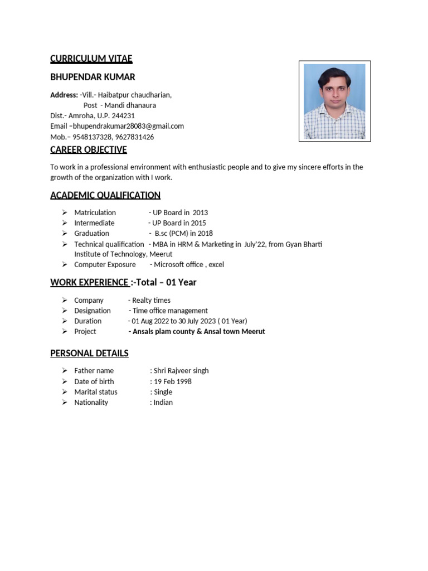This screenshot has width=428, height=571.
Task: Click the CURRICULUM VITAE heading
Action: pyautogui.click(x=91, y=59)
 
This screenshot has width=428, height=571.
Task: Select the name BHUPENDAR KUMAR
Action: pyautogui.click(x=93, y=77)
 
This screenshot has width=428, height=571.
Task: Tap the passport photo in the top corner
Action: pyautogui.click(x=334, y=101)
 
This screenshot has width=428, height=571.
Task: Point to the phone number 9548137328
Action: pyautogui.click(x=92, y=137)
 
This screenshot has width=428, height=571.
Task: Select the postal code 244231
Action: pyautogui.click(x=124, y=115)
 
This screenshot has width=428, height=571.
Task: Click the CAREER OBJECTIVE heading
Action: pyautogui.click(x=89, y=149)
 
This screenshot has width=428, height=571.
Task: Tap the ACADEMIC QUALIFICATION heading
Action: pyautogui.click(x=105, y=195)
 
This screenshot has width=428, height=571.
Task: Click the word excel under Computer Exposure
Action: pyautogui.click(x=216, y=264)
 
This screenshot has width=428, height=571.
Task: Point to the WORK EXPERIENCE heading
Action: pyautogui.click(x=89, y=282)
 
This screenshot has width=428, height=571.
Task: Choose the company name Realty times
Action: pyautogui.click(x=151, y=300)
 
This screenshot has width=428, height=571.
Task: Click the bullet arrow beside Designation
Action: pyautogui.click(x=65, y=311)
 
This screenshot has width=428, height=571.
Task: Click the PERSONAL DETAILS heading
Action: pyautogui.click(x=89, y=353)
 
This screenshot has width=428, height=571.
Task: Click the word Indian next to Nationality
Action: pyautogui.click(x=163, y=402)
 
